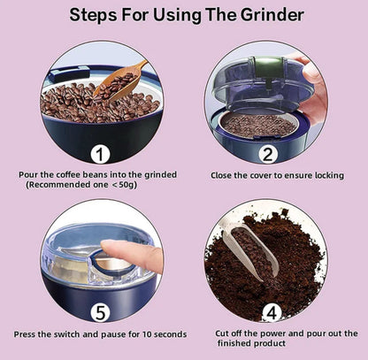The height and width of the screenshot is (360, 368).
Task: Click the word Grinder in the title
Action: [x=272, y=14]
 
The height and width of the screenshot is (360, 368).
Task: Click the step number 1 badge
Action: [x=100, y=155]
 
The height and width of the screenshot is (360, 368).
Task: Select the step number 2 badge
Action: [x=267, y=155]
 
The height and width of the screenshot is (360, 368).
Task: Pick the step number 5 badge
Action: [x=100, y=313]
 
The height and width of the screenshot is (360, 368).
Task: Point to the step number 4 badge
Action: [x=272, y=313]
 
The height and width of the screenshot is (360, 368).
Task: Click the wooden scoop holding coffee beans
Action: [x=121, y=81]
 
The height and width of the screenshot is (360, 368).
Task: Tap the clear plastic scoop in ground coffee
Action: [x=250, y=251]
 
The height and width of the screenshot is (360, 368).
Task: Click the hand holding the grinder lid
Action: [x=312, y=87]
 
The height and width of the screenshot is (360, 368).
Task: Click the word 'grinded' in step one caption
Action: [x=160, y=175]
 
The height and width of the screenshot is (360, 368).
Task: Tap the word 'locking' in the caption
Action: [x=329, y=176]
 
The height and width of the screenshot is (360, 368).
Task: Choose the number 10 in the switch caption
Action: [x=147, y=334]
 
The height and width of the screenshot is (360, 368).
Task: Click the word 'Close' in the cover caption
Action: [x=221, y=175]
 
